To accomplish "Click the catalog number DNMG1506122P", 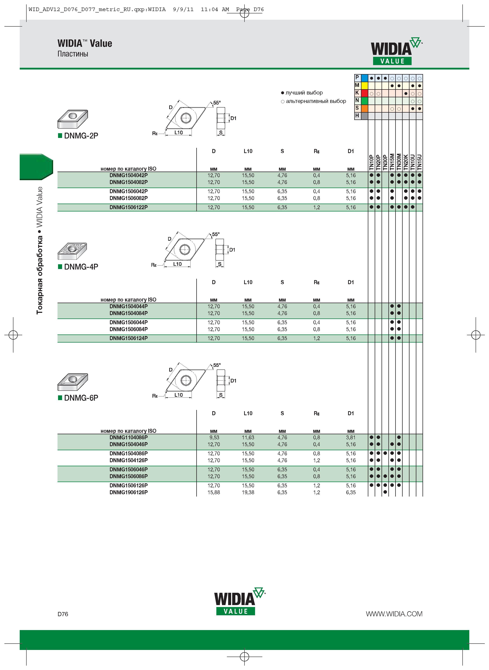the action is (128, 207).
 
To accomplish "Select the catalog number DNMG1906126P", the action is (128, 492).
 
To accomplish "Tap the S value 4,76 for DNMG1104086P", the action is (282, 437).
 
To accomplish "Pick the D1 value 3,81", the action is (351, 437).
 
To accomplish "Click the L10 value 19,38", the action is (248, 492).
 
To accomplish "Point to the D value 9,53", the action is (214, 437).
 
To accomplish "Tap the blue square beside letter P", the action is (364, 78).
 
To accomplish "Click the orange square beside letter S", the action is (364, 108).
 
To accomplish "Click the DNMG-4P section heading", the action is (81, 267).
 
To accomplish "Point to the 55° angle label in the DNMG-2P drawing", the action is (217, 103).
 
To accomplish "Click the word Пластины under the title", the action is (73, 54).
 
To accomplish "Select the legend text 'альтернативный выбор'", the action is (316, 101).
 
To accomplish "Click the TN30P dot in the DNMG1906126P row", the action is (385, 492).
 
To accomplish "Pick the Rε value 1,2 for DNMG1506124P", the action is (316, 338).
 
